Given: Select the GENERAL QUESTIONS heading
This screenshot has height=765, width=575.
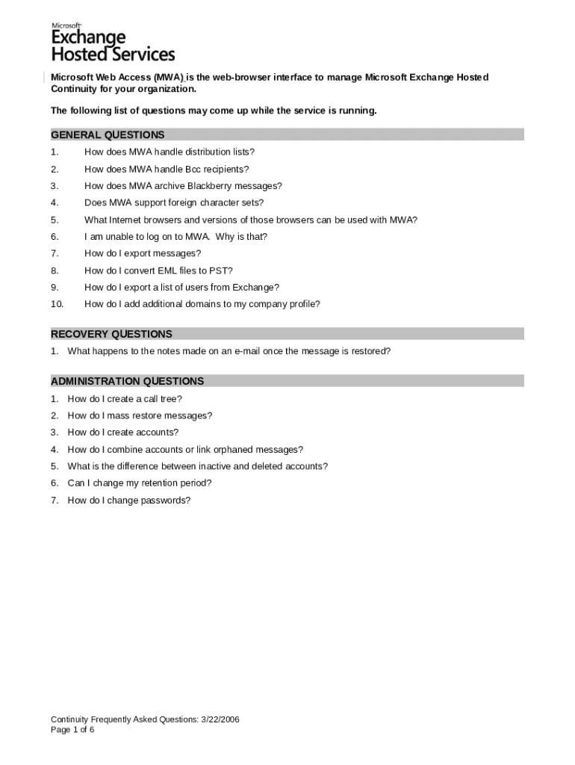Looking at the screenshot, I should [x=108, y=135].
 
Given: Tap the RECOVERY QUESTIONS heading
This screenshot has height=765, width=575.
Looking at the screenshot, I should [x=111, y=334].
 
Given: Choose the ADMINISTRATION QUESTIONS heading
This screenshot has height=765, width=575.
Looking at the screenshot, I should [x=127, y=381].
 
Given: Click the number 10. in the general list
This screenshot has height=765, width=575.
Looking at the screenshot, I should [x=57, y=304].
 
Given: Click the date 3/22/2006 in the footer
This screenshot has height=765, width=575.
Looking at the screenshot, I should [x=220, y=719].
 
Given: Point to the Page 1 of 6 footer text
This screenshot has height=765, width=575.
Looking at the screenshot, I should [x=72, y=729].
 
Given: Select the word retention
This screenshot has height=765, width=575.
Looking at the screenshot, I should [x=149, y=483].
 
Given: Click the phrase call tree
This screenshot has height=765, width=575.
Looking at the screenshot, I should [x=164, y=399].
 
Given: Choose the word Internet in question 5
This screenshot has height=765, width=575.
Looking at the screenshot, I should [x=125, y=220].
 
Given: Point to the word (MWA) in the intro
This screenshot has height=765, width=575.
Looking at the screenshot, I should [x=170, y=78].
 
